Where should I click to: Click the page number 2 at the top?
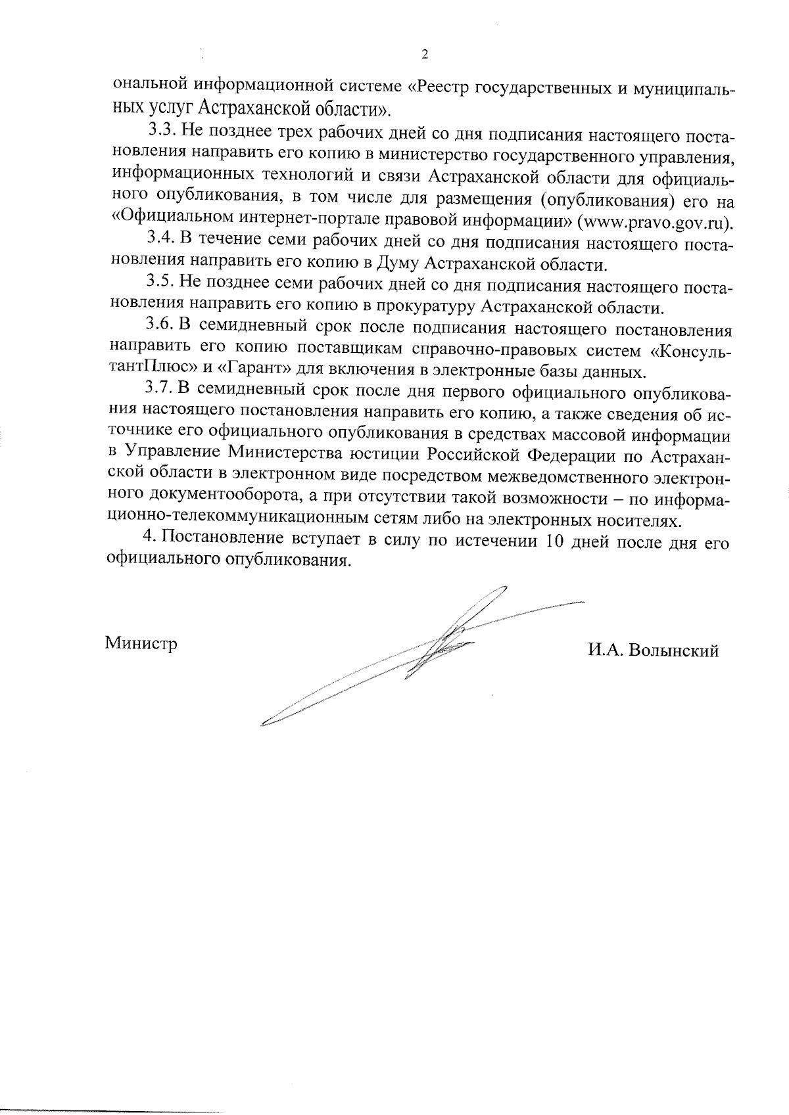coord(424,55)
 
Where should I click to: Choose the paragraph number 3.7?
coord(158,390)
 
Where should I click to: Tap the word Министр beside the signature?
coord(141,643)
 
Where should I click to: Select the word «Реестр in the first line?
coord(438,86)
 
